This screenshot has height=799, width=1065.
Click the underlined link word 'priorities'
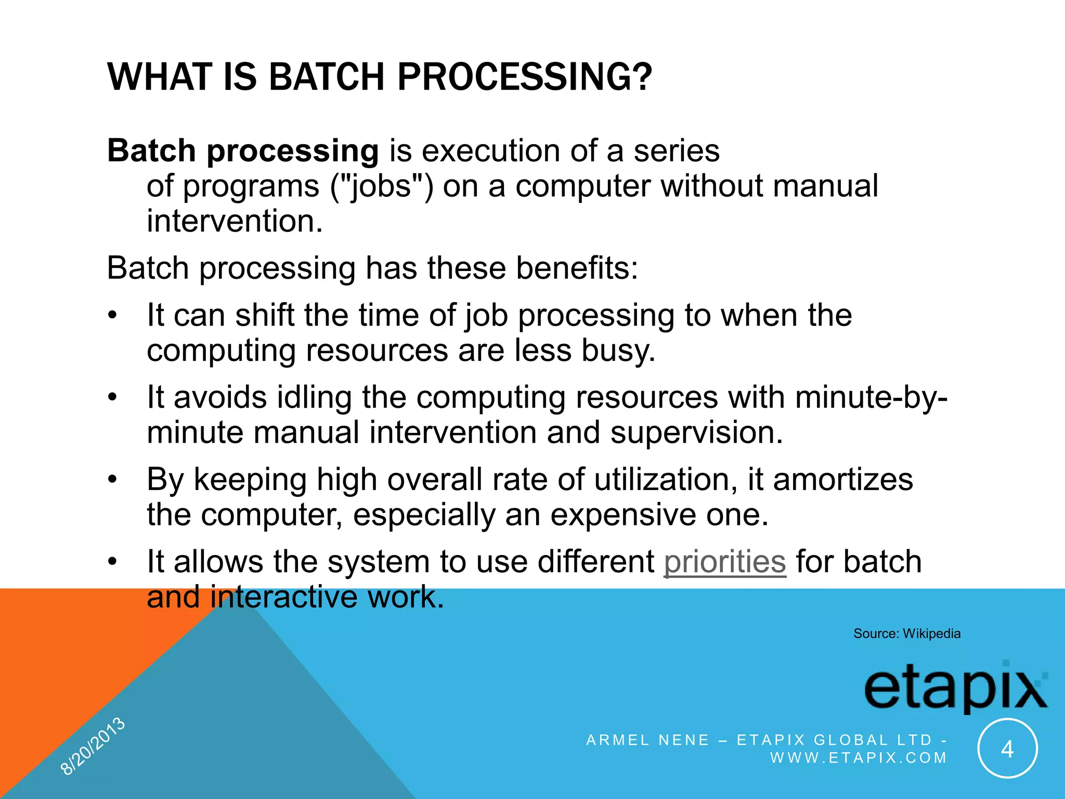(x=724, y=562)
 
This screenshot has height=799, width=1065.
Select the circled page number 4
(x=1007, y=749)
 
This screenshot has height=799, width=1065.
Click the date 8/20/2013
(x=93, y=746)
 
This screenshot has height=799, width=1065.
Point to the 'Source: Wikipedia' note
(x=906, y=634)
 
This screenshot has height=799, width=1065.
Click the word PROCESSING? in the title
(x=525, y=77)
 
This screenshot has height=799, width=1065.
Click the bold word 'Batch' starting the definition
(x=151, y=151)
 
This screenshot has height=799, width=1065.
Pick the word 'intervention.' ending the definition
(x=235, y=221)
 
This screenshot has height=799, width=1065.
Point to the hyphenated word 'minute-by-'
(x=871, y=398)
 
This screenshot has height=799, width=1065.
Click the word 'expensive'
(x=623, y=515)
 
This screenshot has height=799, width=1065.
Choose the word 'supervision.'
(x=696, y=433)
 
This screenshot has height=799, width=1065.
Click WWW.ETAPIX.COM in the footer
(x=859, y=758)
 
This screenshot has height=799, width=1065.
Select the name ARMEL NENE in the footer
(x=647, y=740)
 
